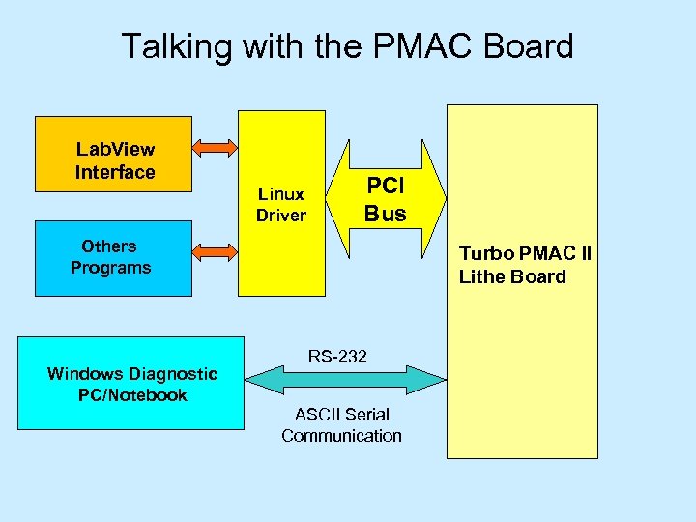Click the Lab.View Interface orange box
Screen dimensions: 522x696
tap(115, 155)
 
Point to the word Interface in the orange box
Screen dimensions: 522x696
tap(115, 173)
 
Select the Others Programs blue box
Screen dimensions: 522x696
tap(109, 257)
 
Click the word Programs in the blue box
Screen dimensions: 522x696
tap(110, 268)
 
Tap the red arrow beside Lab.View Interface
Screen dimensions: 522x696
tap(214, 147)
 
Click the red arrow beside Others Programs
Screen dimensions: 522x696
tap(214, 251)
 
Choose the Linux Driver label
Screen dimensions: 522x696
tap(280, 204)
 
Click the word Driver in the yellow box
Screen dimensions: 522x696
tap(280, 215)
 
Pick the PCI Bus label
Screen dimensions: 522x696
tap(385, 198)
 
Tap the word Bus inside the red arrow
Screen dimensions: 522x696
tap(385, 214)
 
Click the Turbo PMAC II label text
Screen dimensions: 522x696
tap(525, 254)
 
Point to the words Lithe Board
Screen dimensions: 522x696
tap(512, 276)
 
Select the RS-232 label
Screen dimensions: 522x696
tap(337, 357)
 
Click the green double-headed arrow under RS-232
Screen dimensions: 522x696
tap(344, 380)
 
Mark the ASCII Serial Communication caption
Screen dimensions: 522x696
tap(341, 425)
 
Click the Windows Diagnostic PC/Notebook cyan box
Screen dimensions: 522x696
tap(131, 383)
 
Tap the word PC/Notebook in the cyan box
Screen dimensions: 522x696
tap(131, 395)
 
